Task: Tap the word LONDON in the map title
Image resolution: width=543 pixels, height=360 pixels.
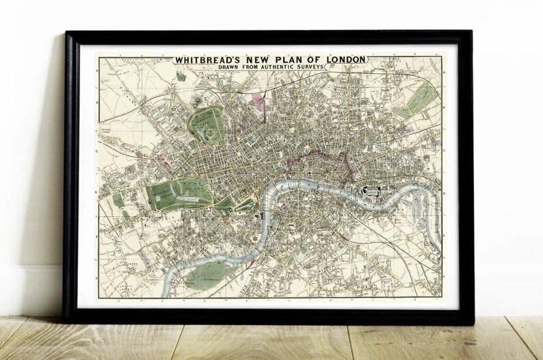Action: click(343, 60)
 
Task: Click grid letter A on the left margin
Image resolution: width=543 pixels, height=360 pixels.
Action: click(100, 70)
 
